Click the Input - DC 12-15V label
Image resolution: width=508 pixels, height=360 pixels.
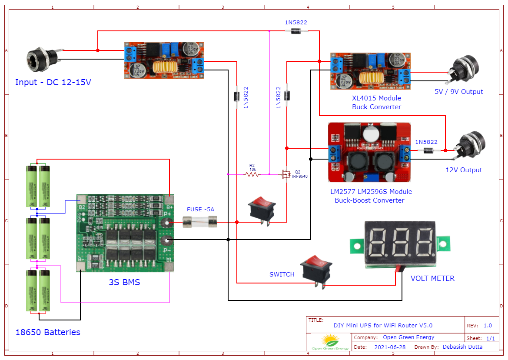[x=53, y=82]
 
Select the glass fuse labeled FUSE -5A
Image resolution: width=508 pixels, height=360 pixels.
[x=200, y=223]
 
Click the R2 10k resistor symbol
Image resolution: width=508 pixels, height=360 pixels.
[x=252, y=174]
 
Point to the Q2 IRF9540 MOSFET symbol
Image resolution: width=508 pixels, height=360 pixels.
[x=285, y=174]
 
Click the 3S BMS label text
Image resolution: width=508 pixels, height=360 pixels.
[x=124, y=283]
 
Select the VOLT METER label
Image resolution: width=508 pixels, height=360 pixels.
[x=432, y=278]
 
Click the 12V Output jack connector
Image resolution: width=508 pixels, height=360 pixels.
[x=469, y=147]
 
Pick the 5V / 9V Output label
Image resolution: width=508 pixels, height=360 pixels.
[x=458, y=92]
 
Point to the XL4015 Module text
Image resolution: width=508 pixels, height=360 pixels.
[x=376, y=98]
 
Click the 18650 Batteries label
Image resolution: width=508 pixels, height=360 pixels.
[x=48, y=332]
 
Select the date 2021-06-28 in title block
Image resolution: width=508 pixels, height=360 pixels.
[x=390, y=347]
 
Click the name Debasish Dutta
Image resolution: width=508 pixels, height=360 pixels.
[x=462, y=347]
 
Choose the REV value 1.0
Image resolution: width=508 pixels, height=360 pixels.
[x=488, y=326]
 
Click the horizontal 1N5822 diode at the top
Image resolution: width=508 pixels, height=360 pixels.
[x=296, y=30]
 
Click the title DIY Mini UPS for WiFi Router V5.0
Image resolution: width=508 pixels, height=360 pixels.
[x=383, y=326]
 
